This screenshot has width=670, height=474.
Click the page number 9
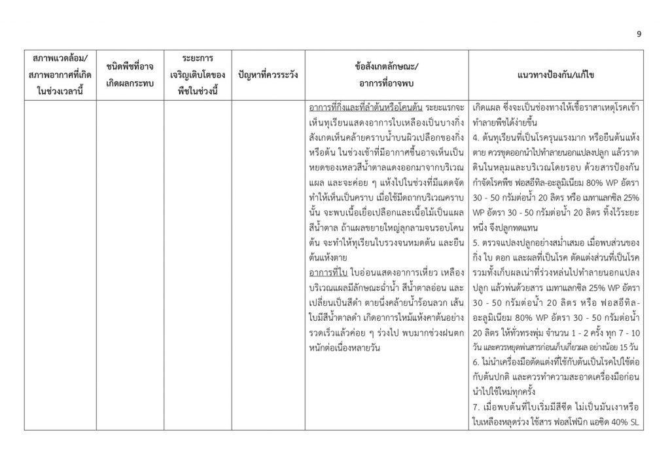click(639, 35)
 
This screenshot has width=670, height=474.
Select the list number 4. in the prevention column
click(475, 139)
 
